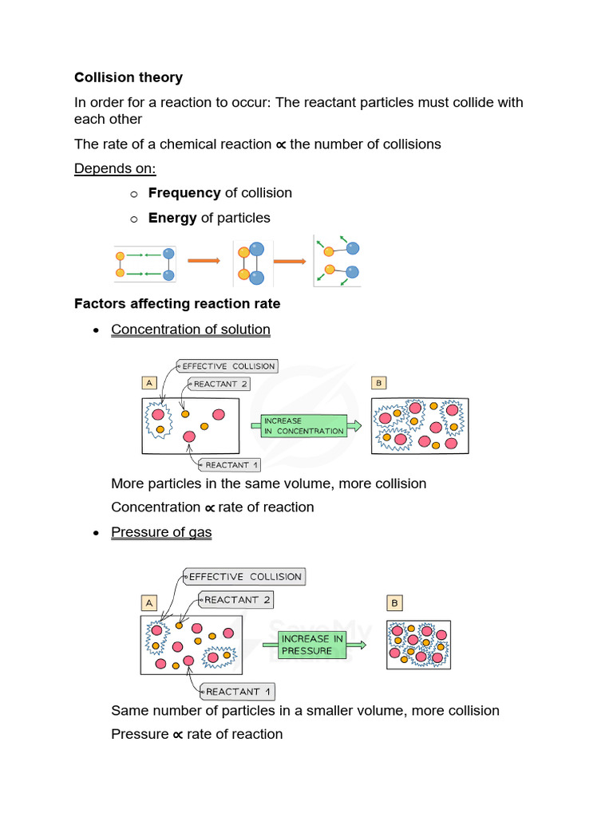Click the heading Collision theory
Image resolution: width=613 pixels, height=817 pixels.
(x=129, y=77)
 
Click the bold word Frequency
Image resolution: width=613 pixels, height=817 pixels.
(x=184, y=192)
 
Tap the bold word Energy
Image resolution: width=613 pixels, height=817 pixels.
(x=172, y=218)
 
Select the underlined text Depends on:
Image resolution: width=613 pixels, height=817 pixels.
(x=115, y=168)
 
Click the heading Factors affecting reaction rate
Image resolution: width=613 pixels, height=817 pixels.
(x=177, y=303)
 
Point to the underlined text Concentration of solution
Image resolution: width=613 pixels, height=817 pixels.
(x=191, y=330)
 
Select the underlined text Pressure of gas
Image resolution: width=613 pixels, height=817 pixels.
(x=161, y=532)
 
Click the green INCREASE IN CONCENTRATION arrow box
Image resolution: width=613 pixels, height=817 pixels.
(x=304, y=425)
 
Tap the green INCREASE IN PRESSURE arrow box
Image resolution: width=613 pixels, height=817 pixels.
(x=313, y=644)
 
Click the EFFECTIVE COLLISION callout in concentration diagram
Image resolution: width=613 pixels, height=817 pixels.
(x=227, y=366)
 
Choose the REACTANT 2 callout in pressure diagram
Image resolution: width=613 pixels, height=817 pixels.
(x=236, y=599)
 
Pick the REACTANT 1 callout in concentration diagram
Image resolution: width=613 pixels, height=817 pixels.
(x=231, y=465)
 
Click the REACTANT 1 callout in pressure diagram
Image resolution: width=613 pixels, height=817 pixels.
(x=237, y=691)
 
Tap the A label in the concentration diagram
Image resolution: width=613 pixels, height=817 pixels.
(x=148, y=383)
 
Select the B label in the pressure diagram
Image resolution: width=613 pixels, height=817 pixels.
(x=394, y=602)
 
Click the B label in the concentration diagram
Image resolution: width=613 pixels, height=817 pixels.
(x=379, y=383)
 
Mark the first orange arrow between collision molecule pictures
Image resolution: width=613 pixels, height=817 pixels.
(x=203, y=260)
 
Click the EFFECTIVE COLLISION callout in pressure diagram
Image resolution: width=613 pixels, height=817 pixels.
(x=244, y=576)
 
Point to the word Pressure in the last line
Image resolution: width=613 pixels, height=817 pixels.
(x=140, y=734)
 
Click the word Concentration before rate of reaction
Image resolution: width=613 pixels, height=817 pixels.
(x=156, y=507)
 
